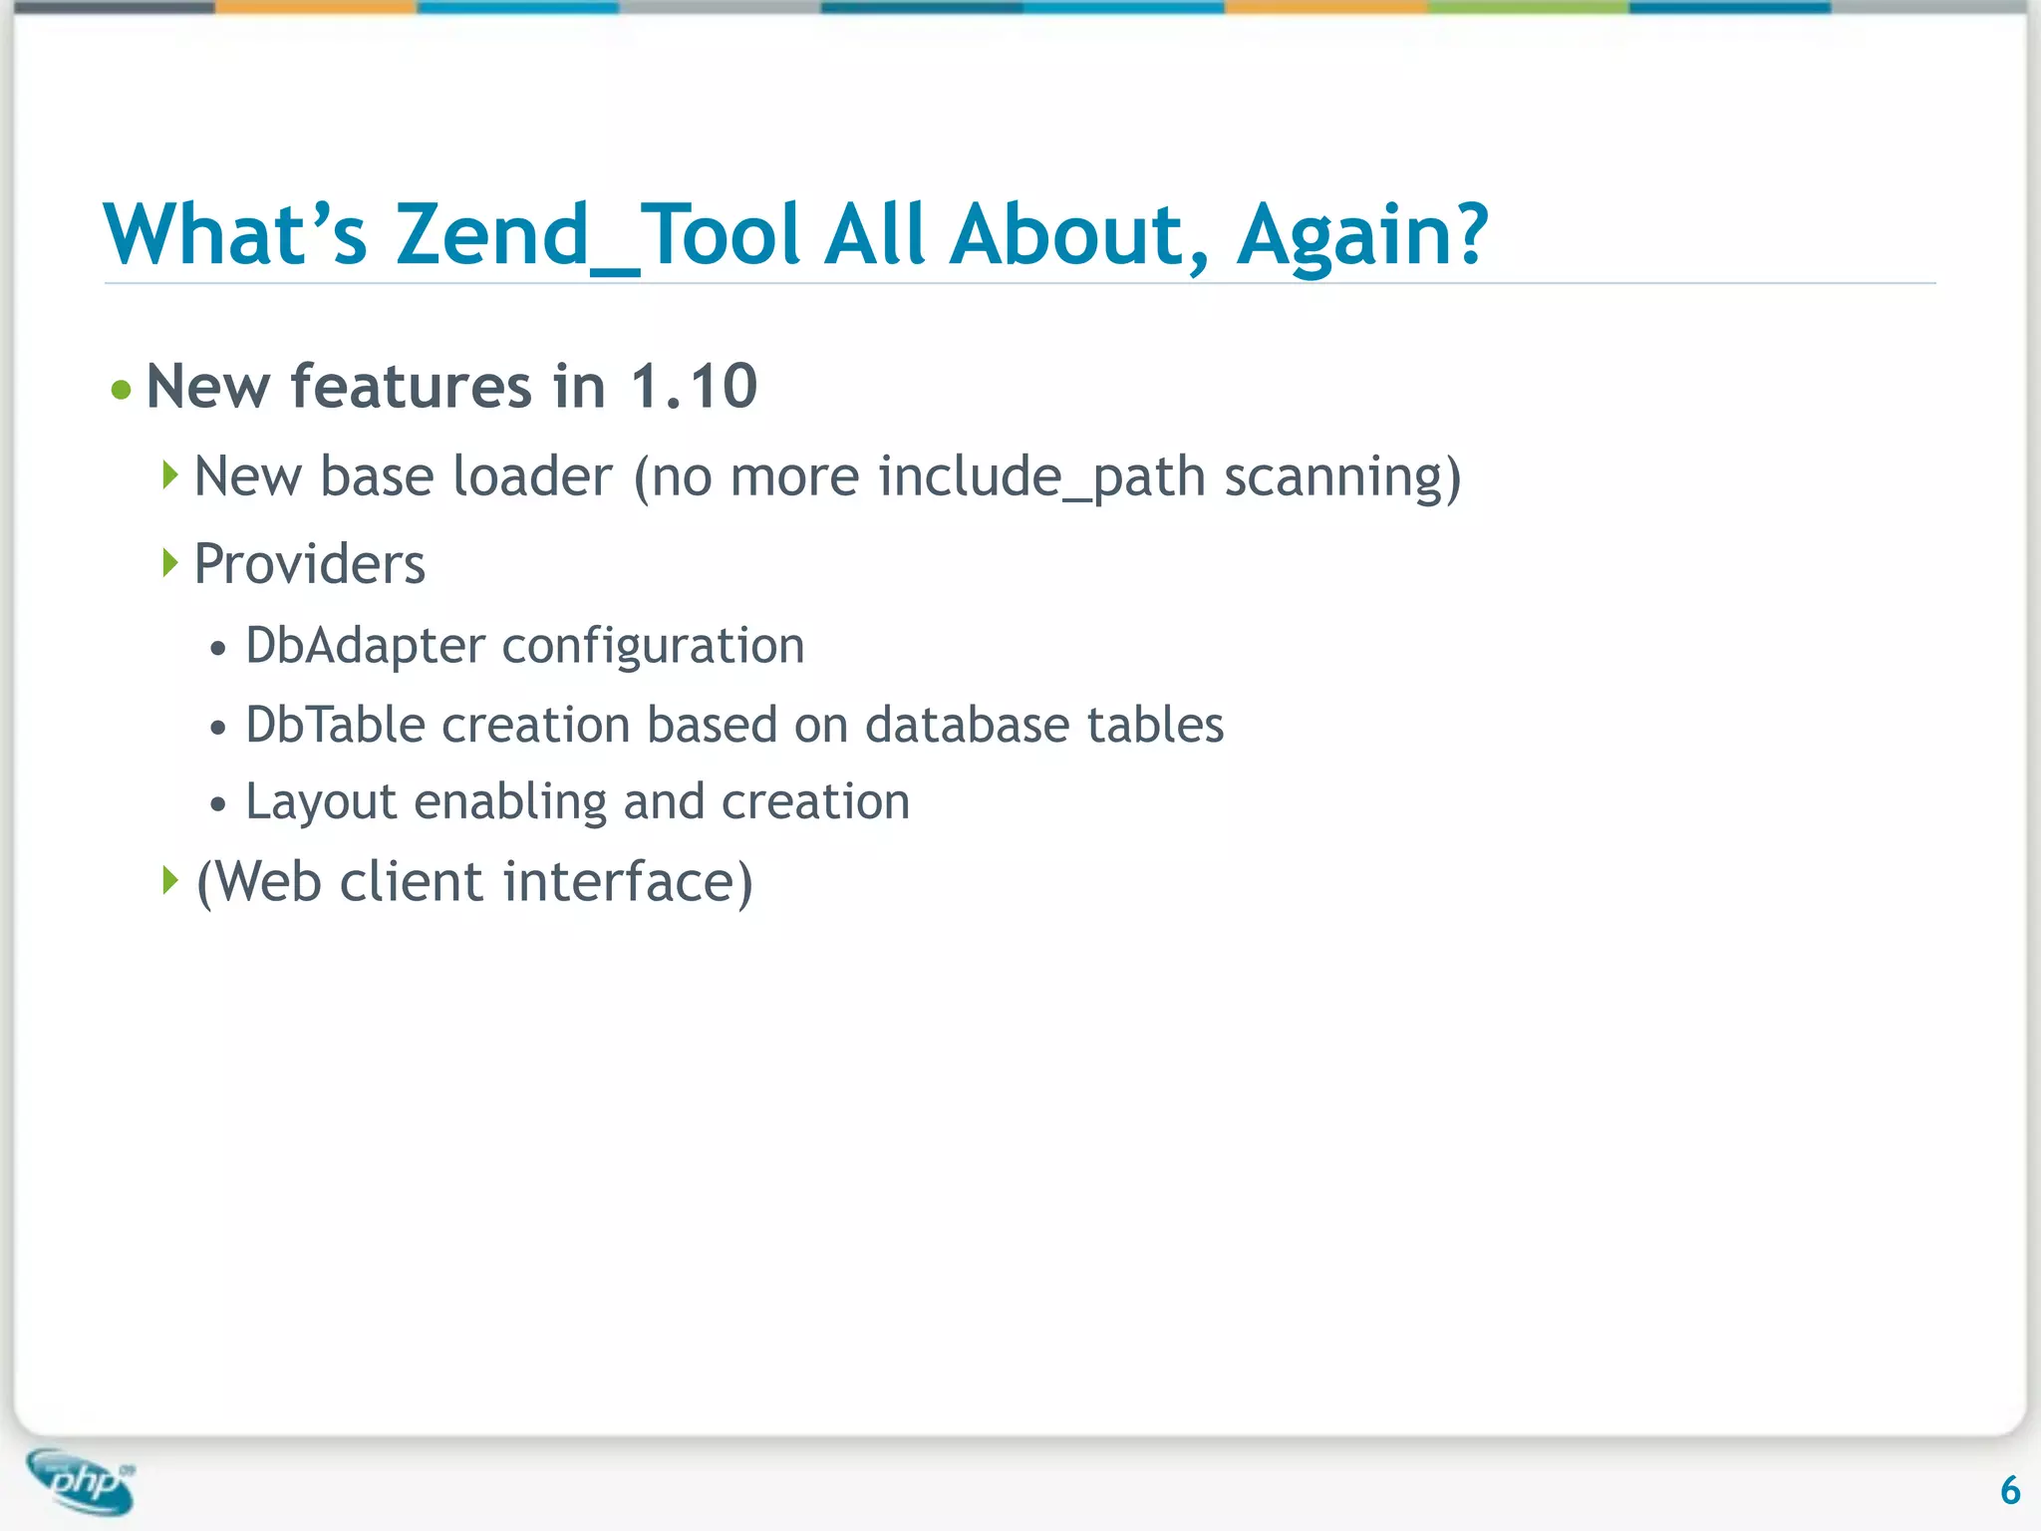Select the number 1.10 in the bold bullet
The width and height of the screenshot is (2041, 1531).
click(x=694, y=387)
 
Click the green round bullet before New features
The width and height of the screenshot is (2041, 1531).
click(x=122, y=390)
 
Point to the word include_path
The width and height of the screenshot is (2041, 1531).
click(x=1041, y=476)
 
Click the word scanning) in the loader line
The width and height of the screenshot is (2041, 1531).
click(x=1342, y=476)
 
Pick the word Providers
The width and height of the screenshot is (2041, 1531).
click(x=309, y=564)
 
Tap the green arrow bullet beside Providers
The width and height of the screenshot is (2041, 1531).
click(x=170, y=563)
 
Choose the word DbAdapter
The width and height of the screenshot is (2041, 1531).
click(x=365, y=646)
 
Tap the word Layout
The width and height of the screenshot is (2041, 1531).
click(x=321, y=802)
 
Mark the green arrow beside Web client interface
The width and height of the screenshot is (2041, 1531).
click(x=170, y=880)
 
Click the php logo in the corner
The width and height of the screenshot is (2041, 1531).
click(x=82, y=1481)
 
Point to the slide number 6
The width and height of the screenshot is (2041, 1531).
click(x=2009, y=1491)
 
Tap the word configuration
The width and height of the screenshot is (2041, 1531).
click(x=653, y=646)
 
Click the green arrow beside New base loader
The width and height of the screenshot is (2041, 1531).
click(x=170, y=475)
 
